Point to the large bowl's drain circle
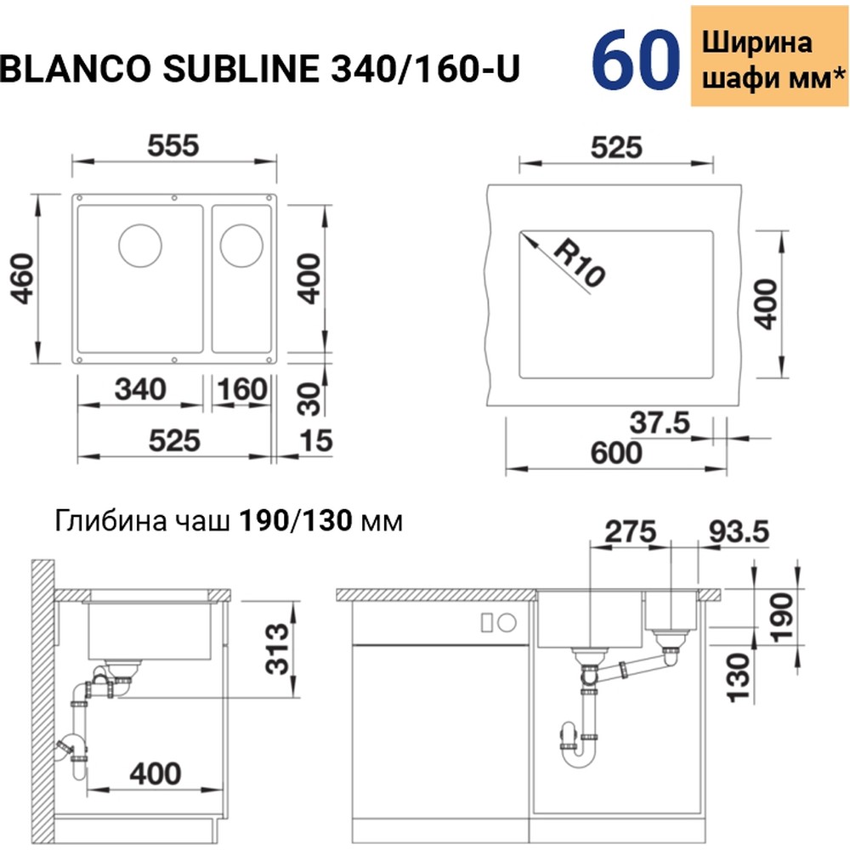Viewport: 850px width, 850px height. pos(139,246)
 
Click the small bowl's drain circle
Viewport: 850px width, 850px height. pos(240,245)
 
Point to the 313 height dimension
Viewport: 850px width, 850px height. pos(274,648)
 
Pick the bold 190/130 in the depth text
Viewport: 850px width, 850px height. pos(295,519)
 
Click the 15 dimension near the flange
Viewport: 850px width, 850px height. pos(315,441)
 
